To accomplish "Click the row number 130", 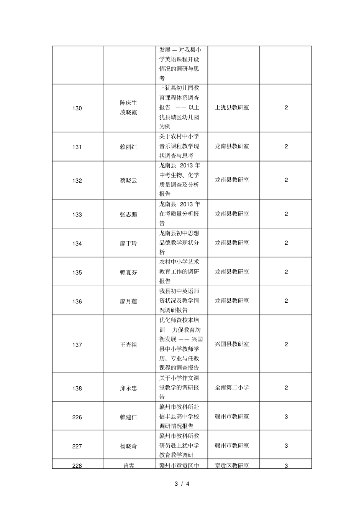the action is tap(77, 108).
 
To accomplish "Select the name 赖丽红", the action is tap(128, 147).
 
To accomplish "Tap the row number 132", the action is tap(77, 181).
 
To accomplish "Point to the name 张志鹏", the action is tap(128, 214).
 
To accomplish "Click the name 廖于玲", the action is tap(128, 243).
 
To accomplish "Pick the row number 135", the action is tap(77, 272).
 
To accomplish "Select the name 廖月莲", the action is tap(128, 302).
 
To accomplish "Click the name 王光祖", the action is tap(128, 345).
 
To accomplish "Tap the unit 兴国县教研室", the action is tap(232, 344).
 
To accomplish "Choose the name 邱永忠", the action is tap(128, 388).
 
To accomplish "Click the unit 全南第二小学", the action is tap(232, 387).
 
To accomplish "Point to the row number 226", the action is tap(77, 417).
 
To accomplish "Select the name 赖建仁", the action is tap(128, 417).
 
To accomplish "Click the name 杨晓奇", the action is tap(128, 446).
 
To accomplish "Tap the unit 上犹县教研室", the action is tap(232, 107).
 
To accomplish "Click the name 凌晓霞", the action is tap(128, 112).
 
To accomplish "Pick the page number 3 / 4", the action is tap(182, 483).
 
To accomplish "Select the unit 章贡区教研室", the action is tap(232, 465).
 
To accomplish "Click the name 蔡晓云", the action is tap(128, 181).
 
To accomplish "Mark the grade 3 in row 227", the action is tap(286, 446).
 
